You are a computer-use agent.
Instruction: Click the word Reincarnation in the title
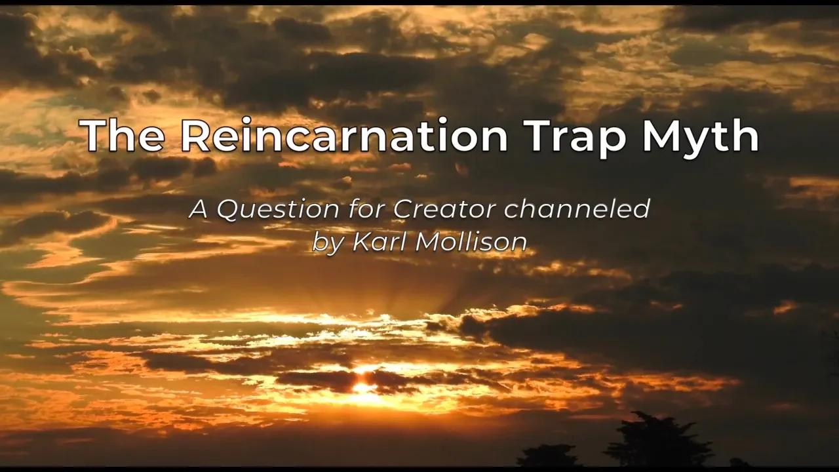(345, 136)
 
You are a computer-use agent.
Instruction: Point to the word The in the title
(123, 136)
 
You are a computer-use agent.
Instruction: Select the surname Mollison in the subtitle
(471, 242)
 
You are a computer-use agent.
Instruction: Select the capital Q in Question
(228, 210)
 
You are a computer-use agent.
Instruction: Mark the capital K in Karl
(362, 242)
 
